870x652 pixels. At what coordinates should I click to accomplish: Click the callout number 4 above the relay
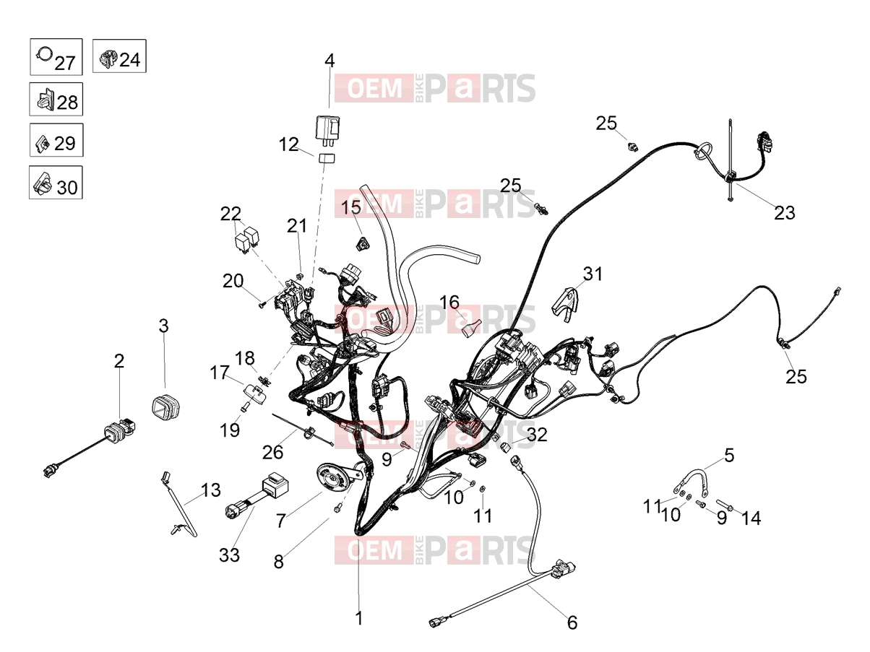[330, 61]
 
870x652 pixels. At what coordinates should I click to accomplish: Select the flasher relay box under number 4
[327, 128]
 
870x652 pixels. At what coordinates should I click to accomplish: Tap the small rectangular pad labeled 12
[326, 158]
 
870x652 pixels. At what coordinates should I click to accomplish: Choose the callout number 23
[785, 213]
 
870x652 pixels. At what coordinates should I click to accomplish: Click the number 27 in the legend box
[64, 64]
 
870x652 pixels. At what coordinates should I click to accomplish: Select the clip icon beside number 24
[108, 59]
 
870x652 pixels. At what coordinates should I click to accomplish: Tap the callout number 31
[593, 274]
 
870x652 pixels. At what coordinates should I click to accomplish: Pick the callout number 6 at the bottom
[572, 622]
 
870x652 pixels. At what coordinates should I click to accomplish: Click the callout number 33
[229, 555]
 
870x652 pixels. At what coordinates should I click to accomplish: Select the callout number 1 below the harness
[359, 618]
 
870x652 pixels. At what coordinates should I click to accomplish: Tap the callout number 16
[449, 303]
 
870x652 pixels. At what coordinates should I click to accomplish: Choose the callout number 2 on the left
[119, 361]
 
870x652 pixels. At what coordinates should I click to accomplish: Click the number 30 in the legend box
[67, 187]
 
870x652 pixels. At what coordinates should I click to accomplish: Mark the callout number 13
[211, 490]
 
